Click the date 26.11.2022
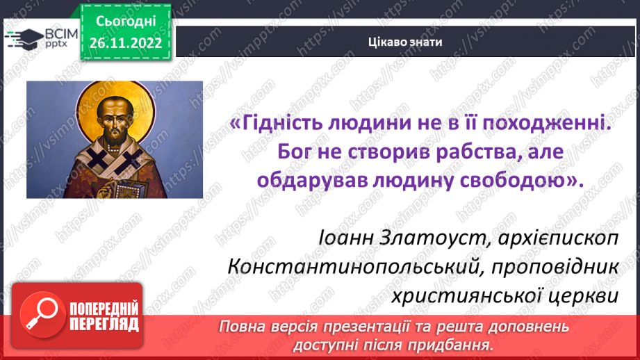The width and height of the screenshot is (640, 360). coord(126,43)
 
